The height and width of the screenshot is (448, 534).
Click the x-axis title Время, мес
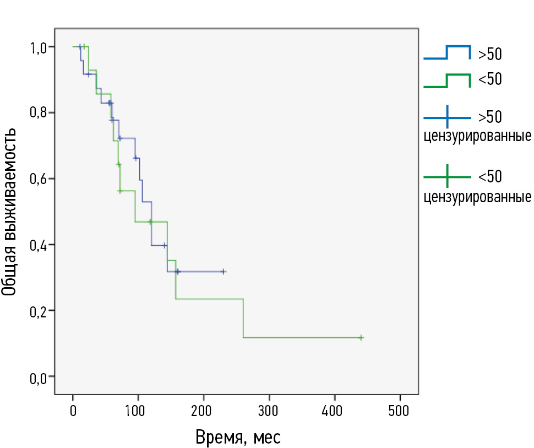pos(238,438)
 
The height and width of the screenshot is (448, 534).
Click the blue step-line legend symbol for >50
pos(447,53)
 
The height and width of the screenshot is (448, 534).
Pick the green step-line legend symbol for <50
pos(447,80)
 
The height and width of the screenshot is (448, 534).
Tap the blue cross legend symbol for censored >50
pos(447,117)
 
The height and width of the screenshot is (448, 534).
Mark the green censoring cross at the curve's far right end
pos(361,337)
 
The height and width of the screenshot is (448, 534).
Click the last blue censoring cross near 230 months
pos(223,272)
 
